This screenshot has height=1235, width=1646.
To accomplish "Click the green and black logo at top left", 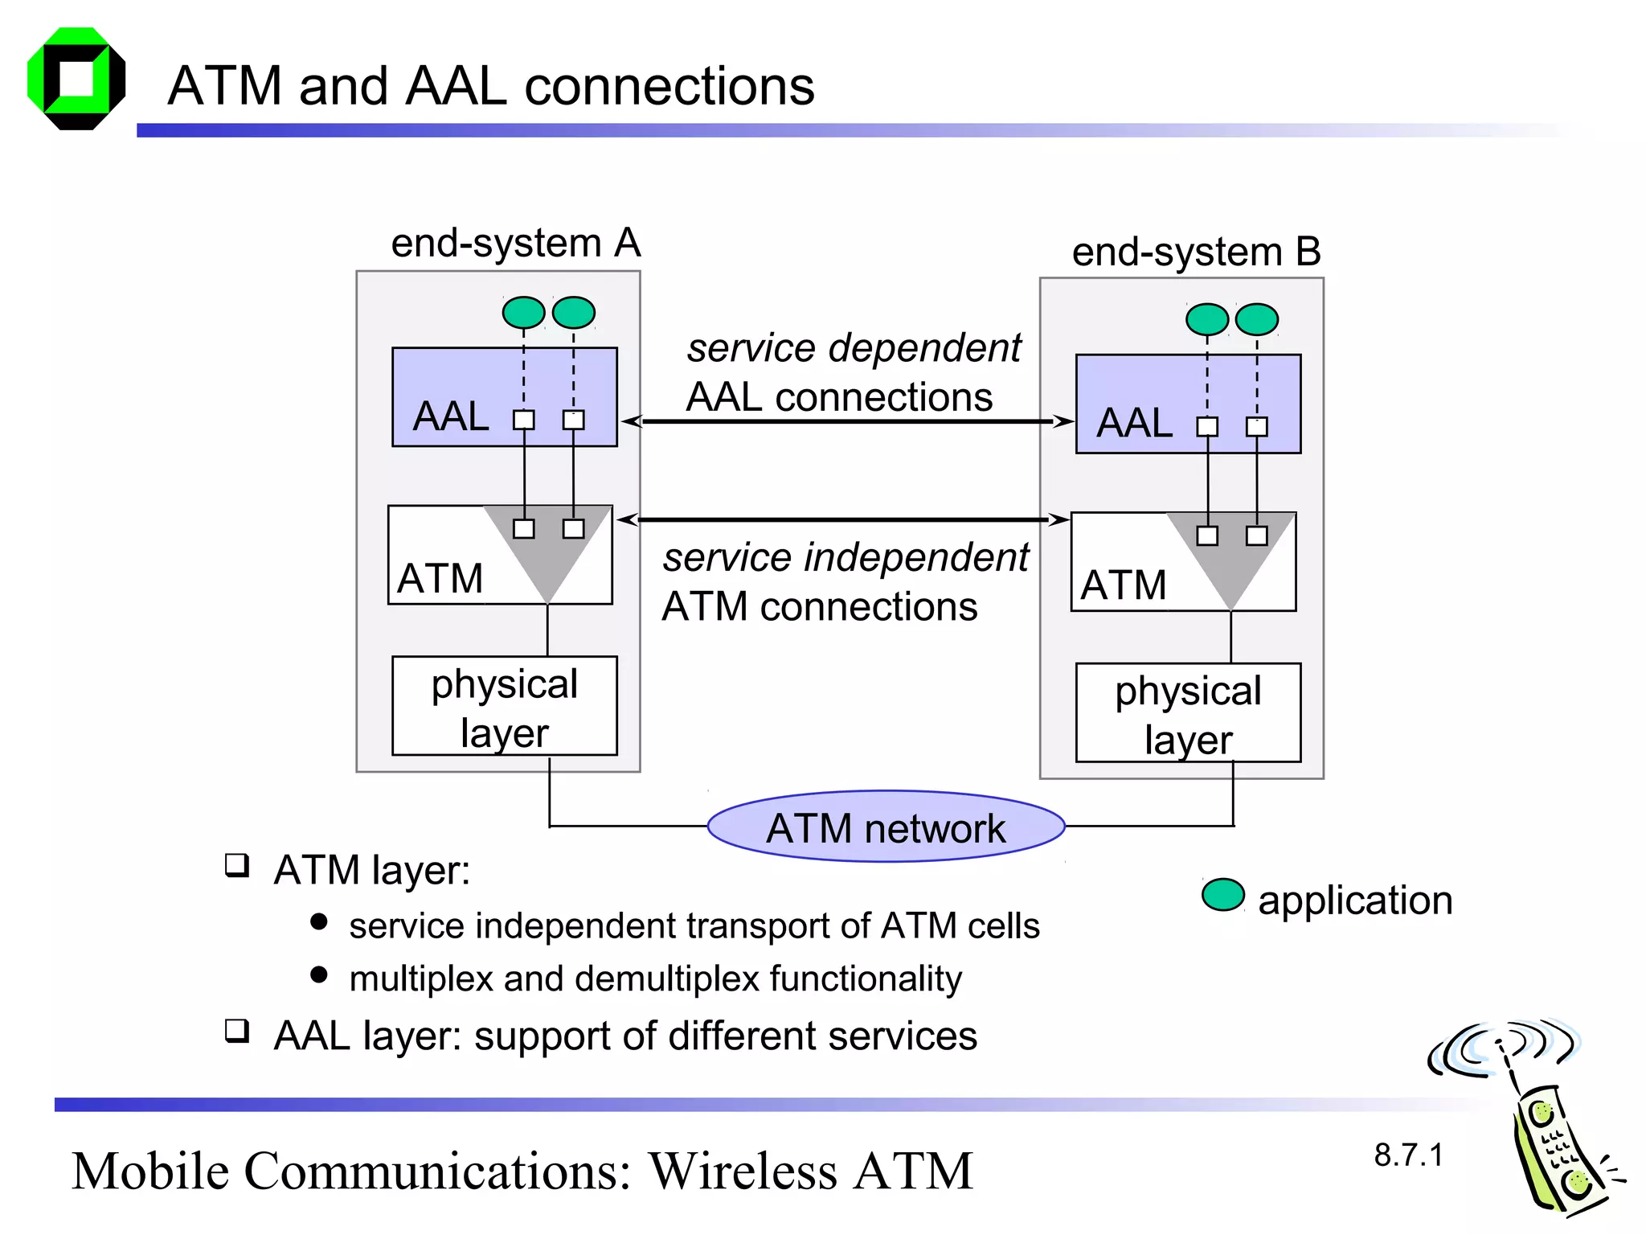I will click(x=76, y=79).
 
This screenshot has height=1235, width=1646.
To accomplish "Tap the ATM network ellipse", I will click(x=886, y=827).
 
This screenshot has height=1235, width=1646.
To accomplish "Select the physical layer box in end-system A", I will click(x=504, y=706).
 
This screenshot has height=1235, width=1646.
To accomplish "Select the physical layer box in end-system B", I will click(x=1188, y=713).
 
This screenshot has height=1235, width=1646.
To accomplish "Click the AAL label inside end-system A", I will click(x=451, y=416).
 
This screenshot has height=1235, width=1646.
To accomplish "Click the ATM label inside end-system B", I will click(x=1123, y=585).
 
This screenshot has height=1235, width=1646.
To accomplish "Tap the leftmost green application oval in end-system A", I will click(x=523, y=312).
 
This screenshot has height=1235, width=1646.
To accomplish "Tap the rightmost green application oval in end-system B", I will click(x=1257, y=319).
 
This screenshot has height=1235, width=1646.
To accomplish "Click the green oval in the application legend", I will click(x=1222, y=895).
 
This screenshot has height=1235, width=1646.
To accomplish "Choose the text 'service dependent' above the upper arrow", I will click(x=854, y=348).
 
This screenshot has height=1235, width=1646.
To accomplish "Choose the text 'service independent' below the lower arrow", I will click(x=846, y=558).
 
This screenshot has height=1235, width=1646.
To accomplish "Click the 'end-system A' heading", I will click(x=515, y=243).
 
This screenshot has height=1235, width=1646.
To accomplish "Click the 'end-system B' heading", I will click(x=1196, y=252).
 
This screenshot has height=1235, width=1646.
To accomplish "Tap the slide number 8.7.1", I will click(x=1408, y=1155).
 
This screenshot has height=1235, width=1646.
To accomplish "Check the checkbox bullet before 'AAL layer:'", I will click(x=237, y=1030).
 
